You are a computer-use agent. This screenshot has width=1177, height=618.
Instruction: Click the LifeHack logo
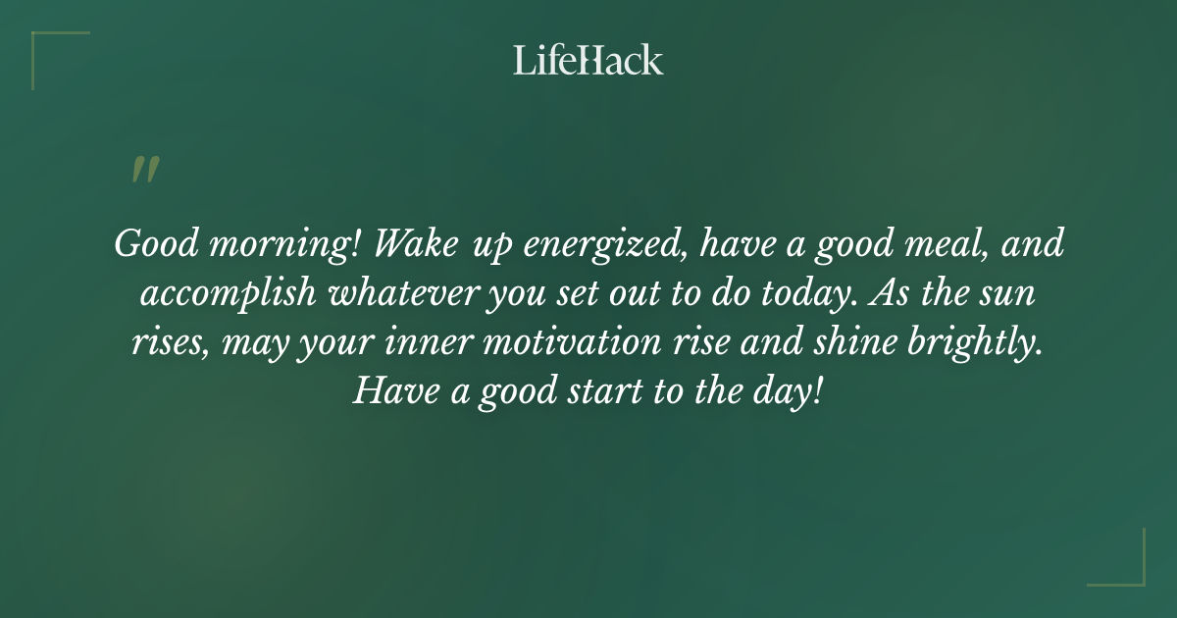588,60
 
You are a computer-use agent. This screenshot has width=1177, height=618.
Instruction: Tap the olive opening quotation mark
144,170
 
